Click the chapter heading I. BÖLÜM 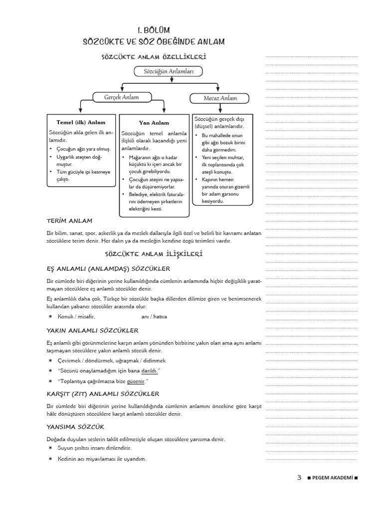pyautogui.click(x=153, y=30)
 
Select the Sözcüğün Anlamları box pyautogui.click(x=165, y=72)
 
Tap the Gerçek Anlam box pyautogui.click(x=121, y=97)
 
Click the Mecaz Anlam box pyautogui.click(x=220, y=98)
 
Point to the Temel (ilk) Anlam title pyautogui.click(x=81, y=122)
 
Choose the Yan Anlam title pyautogui.click(x=154, y=122)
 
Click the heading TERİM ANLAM pyautogui.click(x=69, y=221)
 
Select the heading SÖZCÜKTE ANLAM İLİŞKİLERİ pyautogui.click(x=154, y=254)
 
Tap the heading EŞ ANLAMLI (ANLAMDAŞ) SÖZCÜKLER pyautogui.click(x=108, y=268)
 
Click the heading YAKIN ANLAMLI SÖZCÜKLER pyautogui.click(x=92, y=330)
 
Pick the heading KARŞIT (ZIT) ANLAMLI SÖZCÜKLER pyautogui.click(x=103, y=394)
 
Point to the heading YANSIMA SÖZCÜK pyautogui.click(x=75, y=427)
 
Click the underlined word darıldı pyautogui.click(x=150, y=371)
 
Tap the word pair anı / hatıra pyautogui.click(x=154, y=316)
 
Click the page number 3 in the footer pyautogui.click(x=299, y=478)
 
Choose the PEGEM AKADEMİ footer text pyautogui.click(x=333, y=478)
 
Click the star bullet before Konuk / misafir pyautogui.click(x=50, y=316)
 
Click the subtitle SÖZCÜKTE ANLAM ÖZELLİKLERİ pyautogui.click(x=154, y=57)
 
